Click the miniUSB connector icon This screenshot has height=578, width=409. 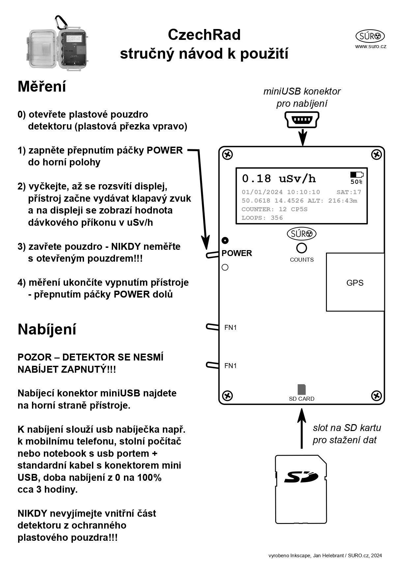click(x=302, y=120)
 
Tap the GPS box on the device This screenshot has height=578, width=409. click(x=355, y=282)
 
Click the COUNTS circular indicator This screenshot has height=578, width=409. click(x=302, y=248)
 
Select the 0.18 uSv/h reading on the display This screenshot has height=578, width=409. click(x=279, y=179)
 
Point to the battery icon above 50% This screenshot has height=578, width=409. click(x=356, y=175)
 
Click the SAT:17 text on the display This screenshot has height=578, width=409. click(x=349, y=192)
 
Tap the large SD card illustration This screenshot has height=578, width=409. click(x=301, y=489)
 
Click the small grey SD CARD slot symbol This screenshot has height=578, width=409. click(x=302, y=390)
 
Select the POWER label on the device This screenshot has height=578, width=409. click(x=237, y=253)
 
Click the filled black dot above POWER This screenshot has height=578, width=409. click(x=225, y=240)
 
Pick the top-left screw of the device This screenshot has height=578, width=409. click(x=228, y=154)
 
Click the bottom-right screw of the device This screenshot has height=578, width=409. click(x=376, y=395)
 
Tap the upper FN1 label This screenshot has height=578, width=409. click(x=230, y=328)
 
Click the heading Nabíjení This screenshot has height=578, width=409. click(x=47, y=329)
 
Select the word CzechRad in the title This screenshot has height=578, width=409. click(x=204, y=35)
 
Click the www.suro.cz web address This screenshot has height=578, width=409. click(x=370, y=46)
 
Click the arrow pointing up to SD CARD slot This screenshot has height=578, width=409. click(x=301, y=428)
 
